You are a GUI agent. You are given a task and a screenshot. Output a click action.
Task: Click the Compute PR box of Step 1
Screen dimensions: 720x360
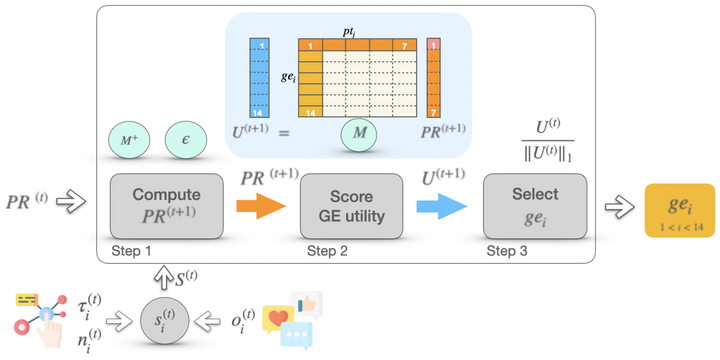click(x=167, y=206)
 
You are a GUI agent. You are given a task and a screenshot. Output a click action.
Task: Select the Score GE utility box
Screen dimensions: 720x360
click(x=351, y=206)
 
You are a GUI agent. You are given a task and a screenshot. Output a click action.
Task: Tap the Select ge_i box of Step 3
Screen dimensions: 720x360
click(x=535, y=206)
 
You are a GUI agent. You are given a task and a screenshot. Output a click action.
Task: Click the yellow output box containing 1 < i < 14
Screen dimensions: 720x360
click(x=680, y=210)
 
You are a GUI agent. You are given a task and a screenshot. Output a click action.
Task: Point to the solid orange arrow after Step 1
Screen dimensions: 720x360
click(x=261, y=206)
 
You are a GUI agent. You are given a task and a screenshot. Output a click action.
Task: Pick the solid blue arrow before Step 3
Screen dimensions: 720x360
click(x=442, y=206)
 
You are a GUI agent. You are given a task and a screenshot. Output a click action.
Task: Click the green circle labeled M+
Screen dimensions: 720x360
click(x=129, y=140)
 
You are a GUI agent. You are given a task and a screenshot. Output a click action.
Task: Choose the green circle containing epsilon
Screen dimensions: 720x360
click(x=186, y=140)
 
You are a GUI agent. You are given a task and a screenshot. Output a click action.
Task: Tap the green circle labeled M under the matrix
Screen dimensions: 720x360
click(x=359, y=135)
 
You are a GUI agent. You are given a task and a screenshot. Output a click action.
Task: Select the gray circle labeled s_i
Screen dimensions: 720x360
click(x=165, y=321)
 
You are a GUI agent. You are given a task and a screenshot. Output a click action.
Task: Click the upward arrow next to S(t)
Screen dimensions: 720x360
click(x=164, y=277)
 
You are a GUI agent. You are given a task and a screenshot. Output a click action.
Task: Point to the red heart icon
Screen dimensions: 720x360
click(x=278, y=318)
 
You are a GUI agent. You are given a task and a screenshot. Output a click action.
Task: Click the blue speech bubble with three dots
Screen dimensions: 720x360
click(x=296, y=335)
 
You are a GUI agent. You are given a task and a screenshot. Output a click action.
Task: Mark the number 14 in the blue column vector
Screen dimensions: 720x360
click(x=257, y=113)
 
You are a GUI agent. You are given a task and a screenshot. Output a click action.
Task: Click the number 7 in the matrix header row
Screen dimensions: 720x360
click(x=404, y=46)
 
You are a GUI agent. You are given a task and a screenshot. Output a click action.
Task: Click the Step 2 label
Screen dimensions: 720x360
click(x=327, y=251)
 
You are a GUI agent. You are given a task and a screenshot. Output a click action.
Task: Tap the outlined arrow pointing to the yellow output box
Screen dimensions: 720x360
click(x=620, y=207)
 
